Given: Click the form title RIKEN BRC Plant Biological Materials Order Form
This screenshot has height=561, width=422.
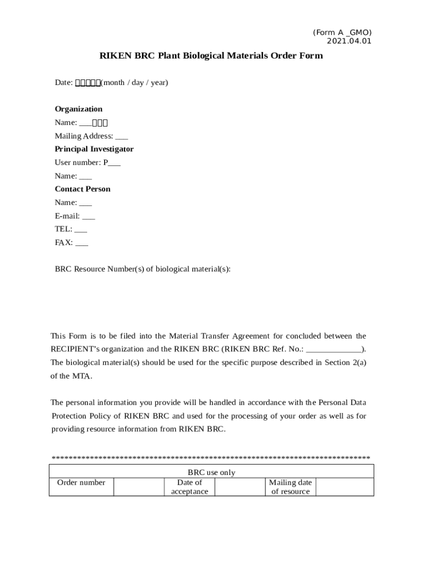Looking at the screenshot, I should pos(211,56).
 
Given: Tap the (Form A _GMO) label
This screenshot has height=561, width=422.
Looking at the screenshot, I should pos(343,33).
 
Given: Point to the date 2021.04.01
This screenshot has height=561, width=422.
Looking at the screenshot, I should pos(349,41).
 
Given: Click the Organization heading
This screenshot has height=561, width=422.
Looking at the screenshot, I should pos(78,109).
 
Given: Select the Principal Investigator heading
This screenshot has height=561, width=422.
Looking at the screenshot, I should pos(94,149).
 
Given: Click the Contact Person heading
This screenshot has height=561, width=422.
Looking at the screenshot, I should pos(82,189).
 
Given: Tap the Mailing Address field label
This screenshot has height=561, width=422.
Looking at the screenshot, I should pos(84,136).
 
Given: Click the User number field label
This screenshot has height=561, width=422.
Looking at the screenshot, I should pos(78,162).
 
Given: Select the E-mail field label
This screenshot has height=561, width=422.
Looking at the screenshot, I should pos(67,216).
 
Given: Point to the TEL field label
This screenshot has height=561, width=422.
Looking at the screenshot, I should pos(64,229).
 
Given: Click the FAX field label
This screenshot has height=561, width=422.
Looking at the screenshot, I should pos(64,243).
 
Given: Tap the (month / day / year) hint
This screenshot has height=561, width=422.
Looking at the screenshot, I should pos(134,83).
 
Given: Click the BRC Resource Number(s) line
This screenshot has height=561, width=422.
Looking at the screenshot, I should pos(142,269).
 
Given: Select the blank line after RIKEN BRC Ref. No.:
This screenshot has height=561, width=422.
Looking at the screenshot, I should pos(334,349).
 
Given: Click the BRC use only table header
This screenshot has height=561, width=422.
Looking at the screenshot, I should pos(211,472).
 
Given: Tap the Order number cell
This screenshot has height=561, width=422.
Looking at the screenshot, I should pos(81,483).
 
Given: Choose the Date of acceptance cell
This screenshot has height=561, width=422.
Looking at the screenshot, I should pos(190,487).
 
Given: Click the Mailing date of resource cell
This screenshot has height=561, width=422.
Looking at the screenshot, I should pos(290,487).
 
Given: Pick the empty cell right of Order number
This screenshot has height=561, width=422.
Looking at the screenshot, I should pos(139,487).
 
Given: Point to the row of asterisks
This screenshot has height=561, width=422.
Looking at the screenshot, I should pos(211,458).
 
